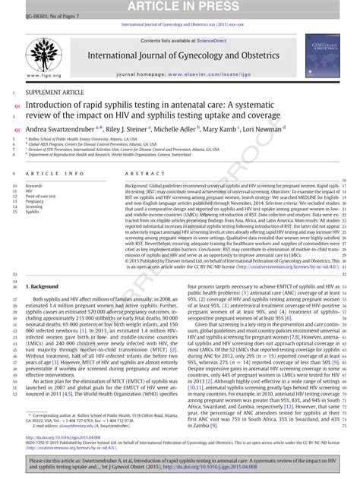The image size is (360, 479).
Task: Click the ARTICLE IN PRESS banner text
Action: point(180,7)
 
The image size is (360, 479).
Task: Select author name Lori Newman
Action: point(262,130)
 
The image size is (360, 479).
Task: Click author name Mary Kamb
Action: point(221,130)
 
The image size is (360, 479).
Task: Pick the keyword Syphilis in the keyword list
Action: point(35,212)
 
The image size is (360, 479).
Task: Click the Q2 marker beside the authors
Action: point(17,130)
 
